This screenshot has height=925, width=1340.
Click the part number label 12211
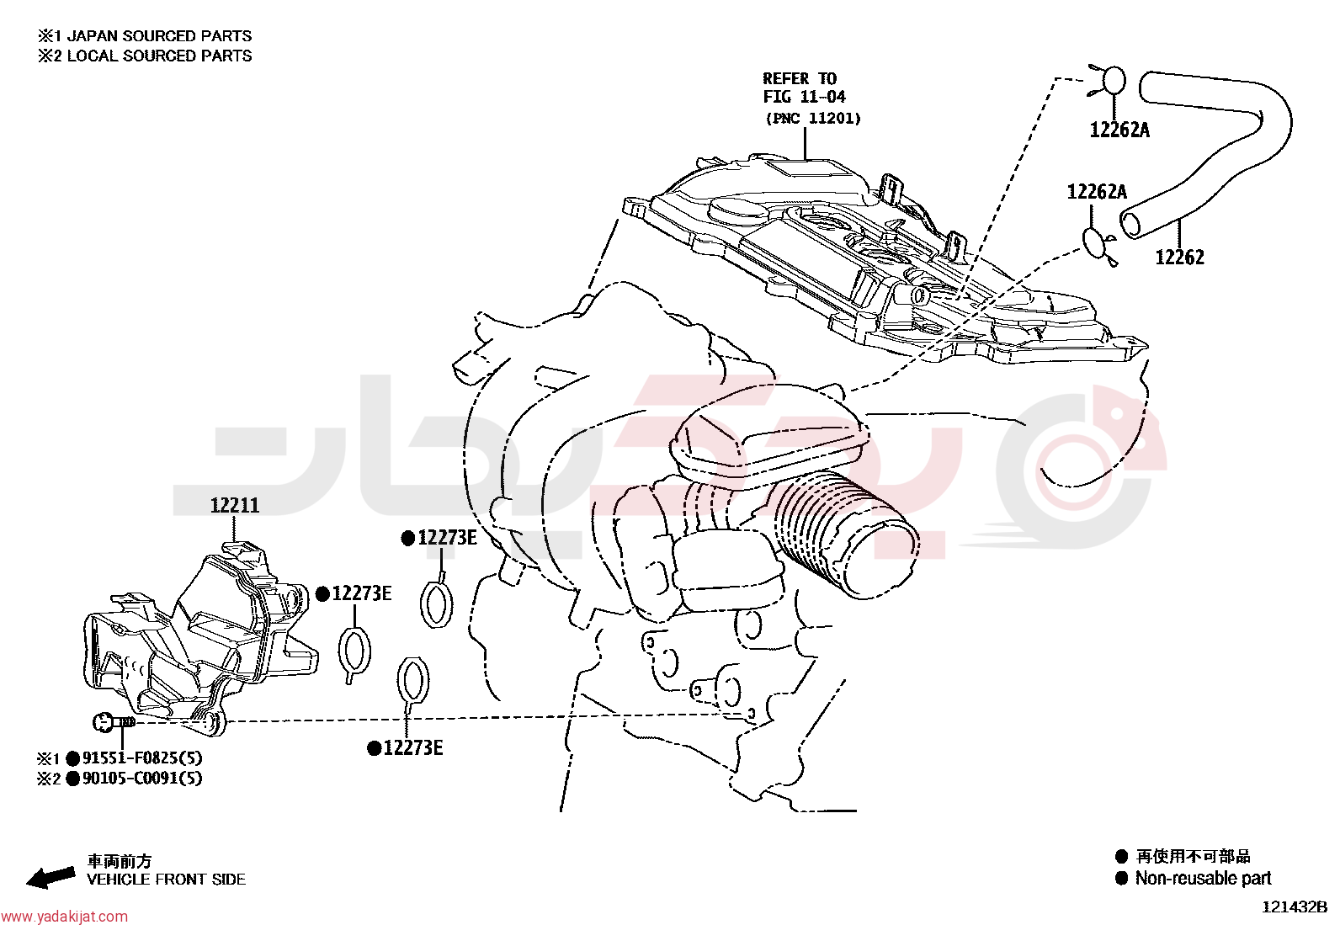[x=235, y=506]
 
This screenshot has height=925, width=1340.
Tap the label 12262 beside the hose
[x=1180, y=258]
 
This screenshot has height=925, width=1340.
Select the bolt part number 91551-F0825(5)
[x=142, y=758]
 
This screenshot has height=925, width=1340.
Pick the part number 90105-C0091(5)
[x=142, y=779]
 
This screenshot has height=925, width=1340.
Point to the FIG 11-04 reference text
[x=804, y=97]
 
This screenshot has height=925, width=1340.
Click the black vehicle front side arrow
[x=51, y=877]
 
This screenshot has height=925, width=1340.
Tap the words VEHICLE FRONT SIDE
[x=167, y=880]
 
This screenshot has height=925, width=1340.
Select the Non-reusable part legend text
[x=1203, y=879]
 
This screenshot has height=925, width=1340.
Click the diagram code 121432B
[x=1295, y=907]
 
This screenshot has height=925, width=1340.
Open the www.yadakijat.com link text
[x=64, y=917]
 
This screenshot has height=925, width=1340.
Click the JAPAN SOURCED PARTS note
[x=159, y=36]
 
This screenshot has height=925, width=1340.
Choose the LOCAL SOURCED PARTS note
[x=160, y=56]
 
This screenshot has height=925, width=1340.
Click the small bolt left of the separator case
[x=114, y=722]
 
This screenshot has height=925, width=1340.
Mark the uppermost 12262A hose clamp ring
[x=1113, y=82]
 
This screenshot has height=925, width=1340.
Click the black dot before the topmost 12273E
[x=408, y=539]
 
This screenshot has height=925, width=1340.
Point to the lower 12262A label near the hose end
[x=1097, y=192]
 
